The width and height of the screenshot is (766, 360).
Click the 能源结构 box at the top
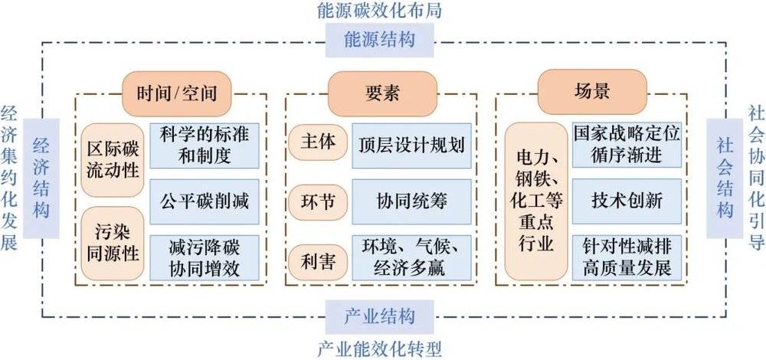(380, 40)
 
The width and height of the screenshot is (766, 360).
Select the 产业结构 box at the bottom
(380, 317)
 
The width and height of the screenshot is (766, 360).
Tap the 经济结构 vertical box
(41, 178)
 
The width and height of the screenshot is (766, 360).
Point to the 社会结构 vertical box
(725, 178)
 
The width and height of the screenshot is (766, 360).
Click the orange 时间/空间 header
(176, 93)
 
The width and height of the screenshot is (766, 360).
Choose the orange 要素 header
(382, 93)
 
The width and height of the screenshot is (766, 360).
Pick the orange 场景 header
(592, 92)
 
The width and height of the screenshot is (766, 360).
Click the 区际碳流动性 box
(113, 160)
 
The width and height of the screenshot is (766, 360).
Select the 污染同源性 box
(113, 244)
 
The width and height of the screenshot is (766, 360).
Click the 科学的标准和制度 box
(205, 146)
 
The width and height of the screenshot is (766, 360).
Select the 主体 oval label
(318, 142)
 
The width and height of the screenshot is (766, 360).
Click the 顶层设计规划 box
(411, 146)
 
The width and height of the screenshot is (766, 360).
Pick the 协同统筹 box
(411, 201)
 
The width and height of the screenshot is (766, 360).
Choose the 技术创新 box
(627, 201)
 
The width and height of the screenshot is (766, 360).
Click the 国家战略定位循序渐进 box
(627, 145)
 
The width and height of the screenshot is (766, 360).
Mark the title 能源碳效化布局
(380, 10)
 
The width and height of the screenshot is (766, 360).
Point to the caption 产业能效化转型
(380, 349)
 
